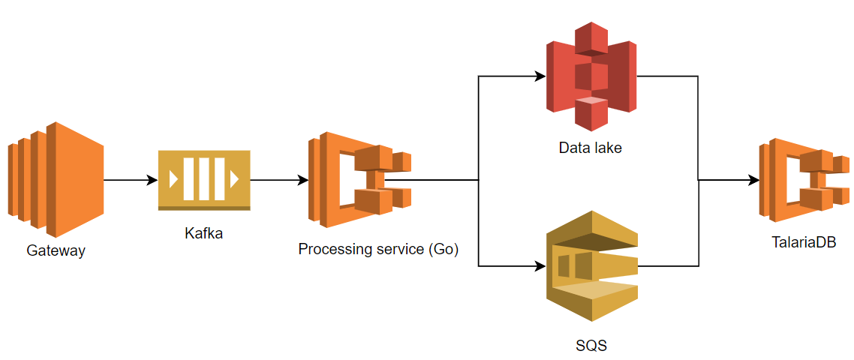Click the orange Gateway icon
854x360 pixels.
coord(56,179)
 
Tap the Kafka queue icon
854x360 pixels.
coord(203,180)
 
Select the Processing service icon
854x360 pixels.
coord(359,180)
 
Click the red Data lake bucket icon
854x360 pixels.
coord(591,76)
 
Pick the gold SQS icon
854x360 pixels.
coord(591,266)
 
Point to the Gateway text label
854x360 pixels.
coord(56,250)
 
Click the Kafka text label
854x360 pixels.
coord(203,233)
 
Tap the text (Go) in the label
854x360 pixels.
coord(443,249)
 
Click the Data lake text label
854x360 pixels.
coord(591,148)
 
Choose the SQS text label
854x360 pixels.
coord(591,346)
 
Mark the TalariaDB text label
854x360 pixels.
coord(804,242)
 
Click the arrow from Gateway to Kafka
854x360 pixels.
coord(129,180)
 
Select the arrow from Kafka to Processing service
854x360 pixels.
coord(278,180)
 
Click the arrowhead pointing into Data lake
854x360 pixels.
coord(540,76)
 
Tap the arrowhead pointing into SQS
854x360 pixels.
coord(540,266)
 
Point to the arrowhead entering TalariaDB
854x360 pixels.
coord(753,180)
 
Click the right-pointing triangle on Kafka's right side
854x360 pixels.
coord(234,179)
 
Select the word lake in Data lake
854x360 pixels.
coord(607,148)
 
